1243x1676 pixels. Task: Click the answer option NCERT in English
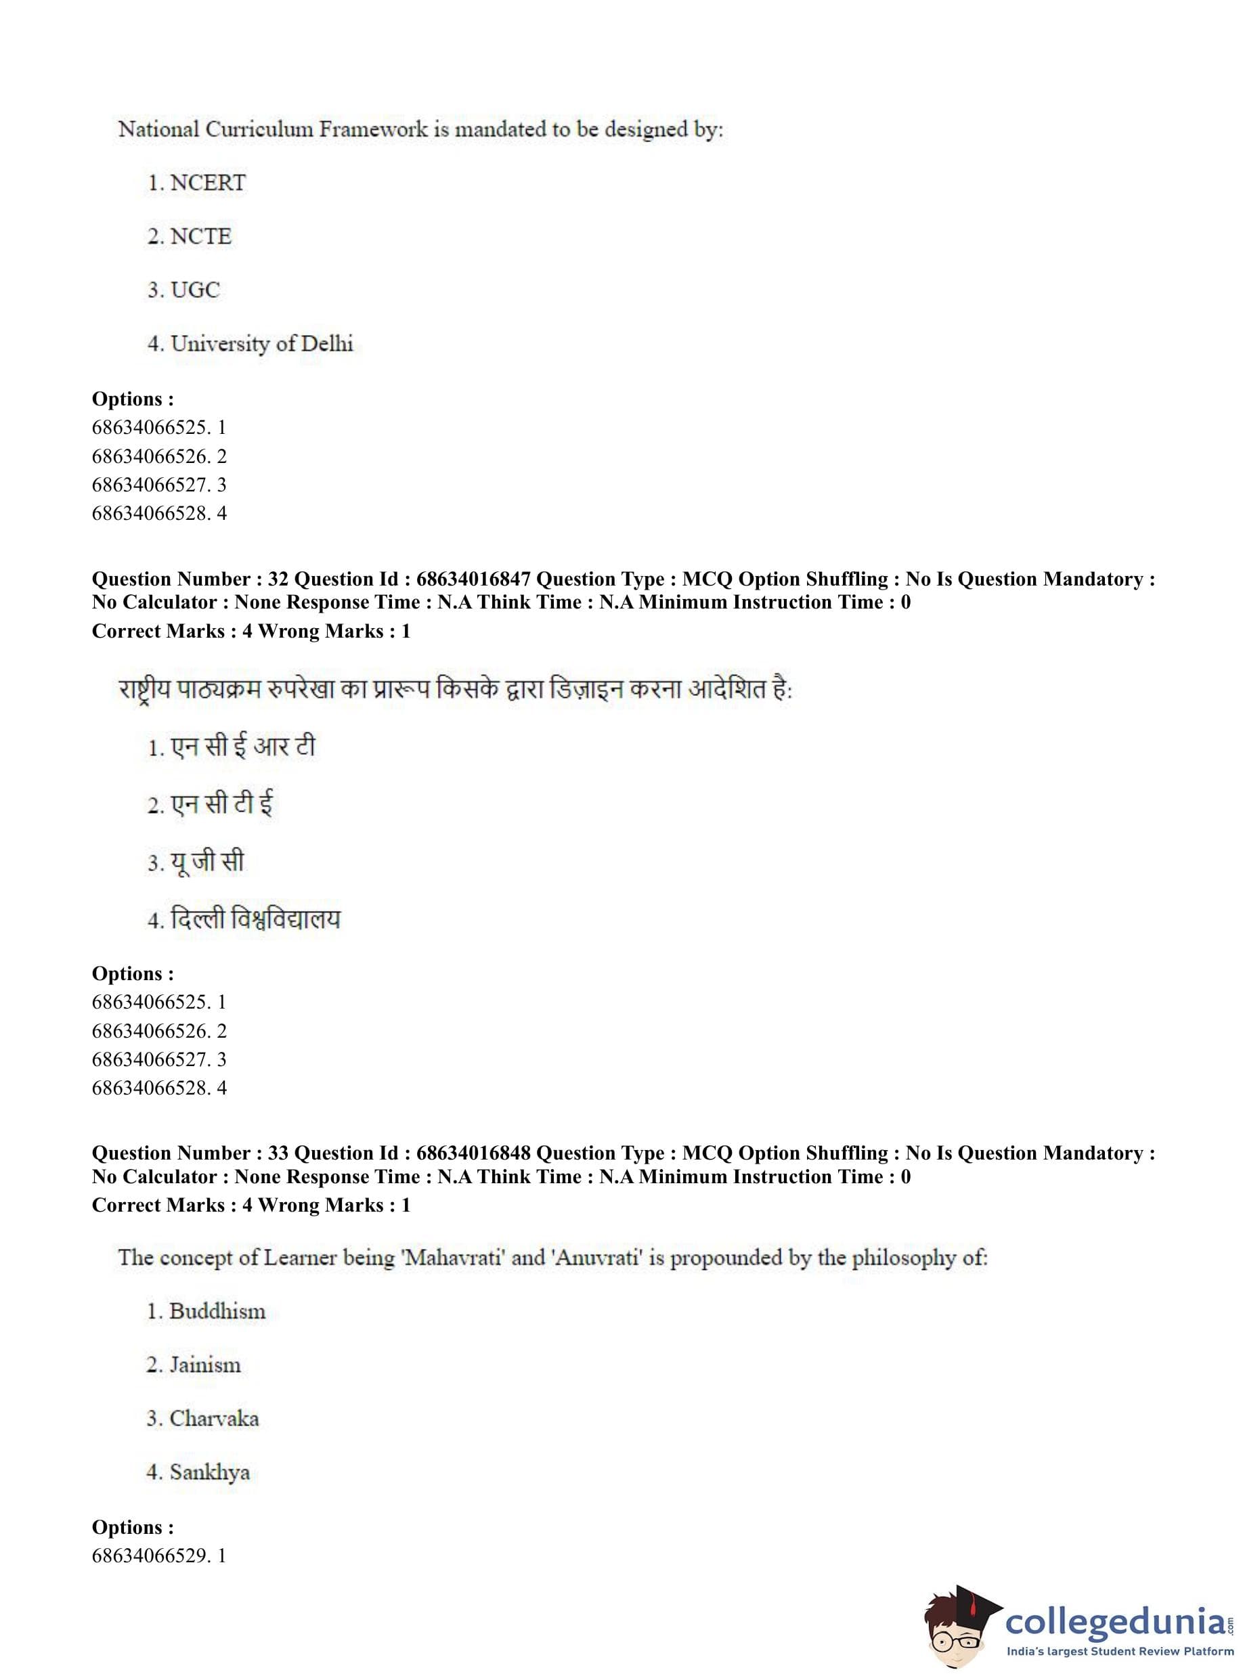click(207, 183)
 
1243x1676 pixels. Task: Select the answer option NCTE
click(200, 236)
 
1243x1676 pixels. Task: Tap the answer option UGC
click(195, 290)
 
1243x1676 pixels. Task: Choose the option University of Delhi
click(261, 344)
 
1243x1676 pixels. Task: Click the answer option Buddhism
click(217, 1311)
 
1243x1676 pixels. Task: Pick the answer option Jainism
click(204, 1365)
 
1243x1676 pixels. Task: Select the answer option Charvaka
click(214, 1418)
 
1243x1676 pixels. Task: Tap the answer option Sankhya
click(209, 1472)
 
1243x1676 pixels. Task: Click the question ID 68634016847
click(473, 579)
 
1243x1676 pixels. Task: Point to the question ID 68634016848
click(473, 1153)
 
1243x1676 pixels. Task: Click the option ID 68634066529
click(150, 1556)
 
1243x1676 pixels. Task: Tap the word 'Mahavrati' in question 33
click(454, 1258)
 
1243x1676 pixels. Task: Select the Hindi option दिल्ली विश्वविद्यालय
click(255, 919)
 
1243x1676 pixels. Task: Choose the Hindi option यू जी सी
click(207, 862)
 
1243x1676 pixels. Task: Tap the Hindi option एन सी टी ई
click(221, 805)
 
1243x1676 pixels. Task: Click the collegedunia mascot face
click(958, 1627)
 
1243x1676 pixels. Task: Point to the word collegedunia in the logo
click(1116, 1620)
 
